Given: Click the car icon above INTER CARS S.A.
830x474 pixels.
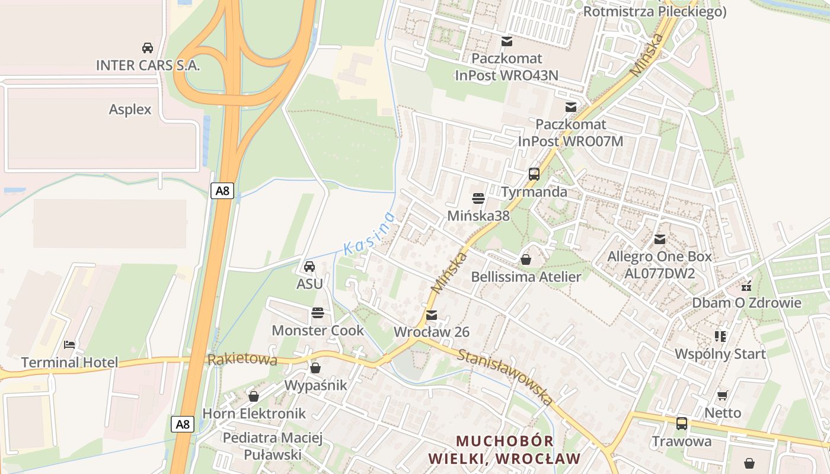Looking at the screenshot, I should pyautogui.click(x=148, y=47).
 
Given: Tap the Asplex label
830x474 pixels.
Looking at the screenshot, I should pyautogui.click(x=130, y=110).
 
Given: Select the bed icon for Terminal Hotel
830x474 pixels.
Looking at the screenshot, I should pyautogui.click(x=69, y=344).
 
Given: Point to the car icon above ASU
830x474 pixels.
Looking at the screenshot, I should pyautogui.click(x=309, y=267).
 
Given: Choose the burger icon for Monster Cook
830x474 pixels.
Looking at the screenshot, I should pyautogui.click(x=318, y=312).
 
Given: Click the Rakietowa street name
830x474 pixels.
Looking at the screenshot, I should pyautogui.click(x=242, y=360).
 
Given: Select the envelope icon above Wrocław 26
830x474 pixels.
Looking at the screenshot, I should pyautogui.click(x=432, y=315).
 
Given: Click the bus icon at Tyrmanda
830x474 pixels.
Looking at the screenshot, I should pyautogui.click(x=534, y=174).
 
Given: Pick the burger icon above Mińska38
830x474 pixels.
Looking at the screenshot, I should pyautogui.click(x=478, y=198).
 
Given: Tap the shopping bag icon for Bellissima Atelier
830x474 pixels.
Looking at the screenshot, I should pyautogui.click(x=526, y=260).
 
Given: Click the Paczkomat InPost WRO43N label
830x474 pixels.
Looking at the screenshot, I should pyautogui.click(x=506, y=67).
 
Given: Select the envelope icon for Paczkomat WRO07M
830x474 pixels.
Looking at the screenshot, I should pyautogui.click(x=570, y=107).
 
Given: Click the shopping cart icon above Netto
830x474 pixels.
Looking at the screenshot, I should pyautogui.click(x=722, y=395).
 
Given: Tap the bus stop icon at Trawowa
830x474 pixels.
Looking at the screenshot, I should pyautogui.click(x=682, y=424).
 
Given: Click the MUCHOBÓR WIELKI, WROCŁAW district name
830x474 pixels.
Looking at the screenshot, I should pyautogui.click(x=505, y=450).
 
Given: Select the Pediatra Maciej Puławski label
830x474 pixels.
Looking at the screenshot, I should pyautogui.click(x=272, y=446).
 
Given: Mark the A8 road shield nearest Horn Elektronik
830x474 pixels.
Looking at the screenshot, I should pyautogui.click(x=183, y=424).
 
